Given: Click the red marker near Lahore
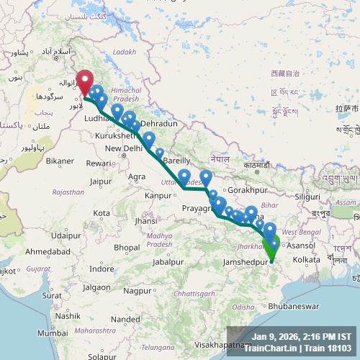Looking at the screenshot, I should pos(86,81).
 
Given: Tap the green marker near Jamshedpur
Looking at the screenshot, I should pos(272,248).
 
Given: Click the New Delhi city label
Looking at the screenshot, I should pos(123,148).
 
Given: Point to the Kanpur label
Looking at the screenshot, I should pos(158,195).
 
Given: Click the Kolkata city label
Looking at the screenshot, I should pos(307,259).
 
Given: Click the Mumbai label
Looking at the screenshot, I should pos(53,333).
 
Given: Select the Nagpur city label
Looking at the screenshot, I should pos(138,291).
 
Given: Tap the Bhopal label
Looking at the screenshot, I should pos(126,248).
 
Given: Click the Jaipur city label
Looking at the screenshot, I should pos(105,181).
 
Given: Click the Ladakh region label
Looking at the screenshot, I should pos(123,53).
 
